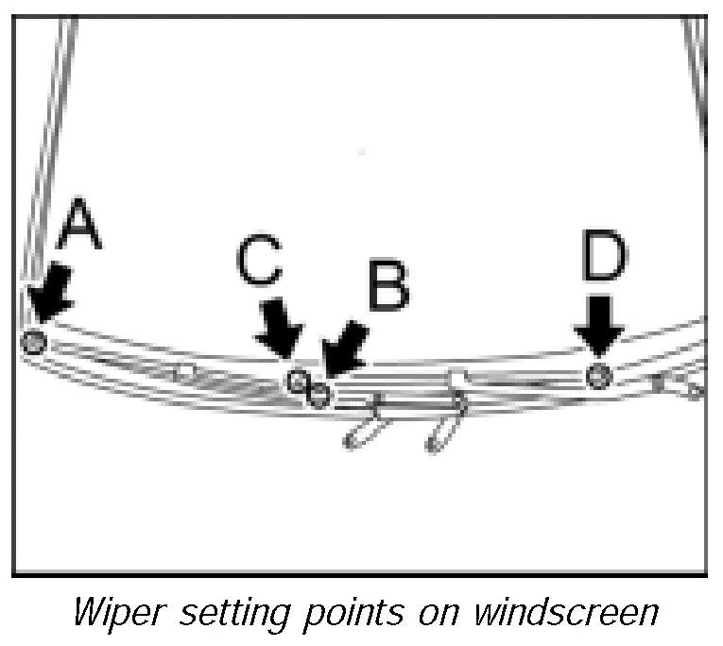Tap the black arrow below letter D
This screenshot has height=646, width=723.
(x=599, y=325)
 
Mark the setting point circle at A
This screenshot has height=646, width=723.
(x=34, y=341)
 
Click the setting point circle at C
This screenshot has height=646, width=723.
(x=298, y=381)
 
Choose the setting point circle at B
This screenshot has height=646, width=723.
(x=319, y=394)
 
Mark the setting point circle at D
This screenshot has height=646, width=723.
(x=598, y=376)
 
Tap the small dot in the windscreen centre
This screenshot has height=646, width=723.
(x=362, y=150)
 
